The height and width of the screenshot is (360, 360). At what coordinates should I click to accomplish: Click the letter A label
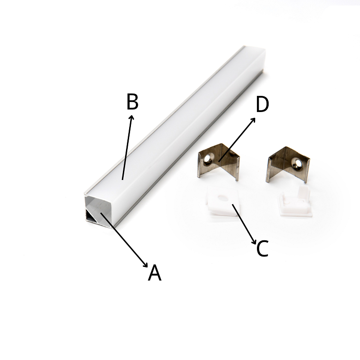154,273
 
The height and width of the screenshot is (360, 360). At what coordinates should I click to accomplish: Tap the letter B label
132,102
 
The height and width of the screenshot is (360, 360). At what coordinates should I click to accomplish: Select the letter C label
262,248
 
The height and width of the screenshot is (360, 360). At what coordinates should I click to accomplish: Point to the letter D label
262,104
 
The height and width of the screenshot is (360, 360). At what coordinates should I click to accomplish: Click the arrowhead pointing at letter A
145,265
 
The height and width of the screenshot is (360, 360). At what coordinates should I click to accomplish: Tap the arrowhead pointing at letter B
131,118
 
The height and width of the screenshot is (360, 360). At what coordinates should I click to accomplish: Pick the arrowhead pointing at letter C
254,242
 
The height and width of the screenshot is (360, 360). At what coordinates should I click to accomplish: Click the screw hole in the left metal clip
207,159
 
